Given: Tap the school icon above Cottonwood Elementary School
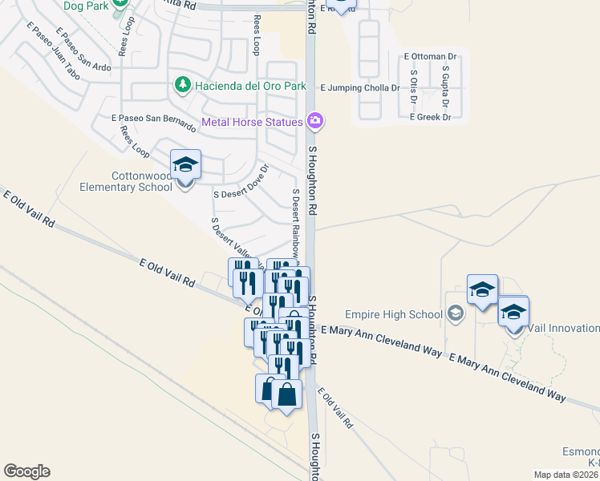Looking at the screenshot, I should [x=185, y=165].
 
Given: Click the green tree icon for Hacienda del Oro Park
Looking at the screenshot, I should [x=184, y=84].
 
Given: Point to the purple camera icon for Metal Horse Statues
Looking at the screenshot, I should [x=315, y=122].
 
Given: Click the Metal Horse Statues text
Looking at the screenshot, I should [x=252, y=122].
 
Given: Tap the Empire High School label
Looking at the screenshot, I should [x=394, y=314].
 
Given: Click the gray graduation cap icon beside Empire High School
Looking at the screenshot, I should [x=456, y=313].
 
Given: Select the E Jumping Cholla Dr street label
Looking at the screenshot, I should [x=359, y=88].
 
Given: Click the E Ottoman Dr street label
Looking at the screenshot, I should [x=431, y=57].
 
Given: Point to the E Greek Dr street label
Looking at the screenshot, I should [x=430, y=117].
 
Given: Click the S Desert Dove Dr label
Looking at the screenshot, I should [x=241, y=183].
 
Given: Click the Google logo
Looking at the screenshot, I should [x=26, y=471].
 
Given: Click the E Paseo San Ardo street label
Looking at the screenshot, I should [x=85, y=53].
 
